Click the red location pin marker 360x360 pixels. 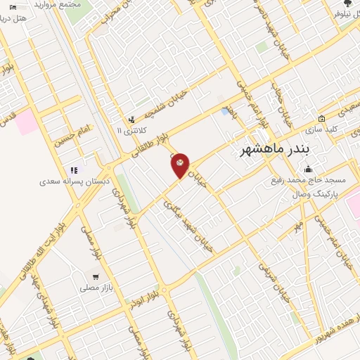181,165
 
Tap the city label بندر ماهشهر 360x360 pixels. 274,151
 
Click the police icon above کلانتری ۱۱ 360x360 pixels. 131,120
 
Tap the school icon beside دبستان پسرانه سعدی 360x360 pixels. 73,169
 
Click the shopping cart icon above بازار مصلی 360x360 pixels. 96,276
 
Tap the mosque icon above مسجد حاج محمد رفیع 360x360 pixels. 308,169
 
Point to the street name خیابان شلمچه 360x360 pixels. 168,103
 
